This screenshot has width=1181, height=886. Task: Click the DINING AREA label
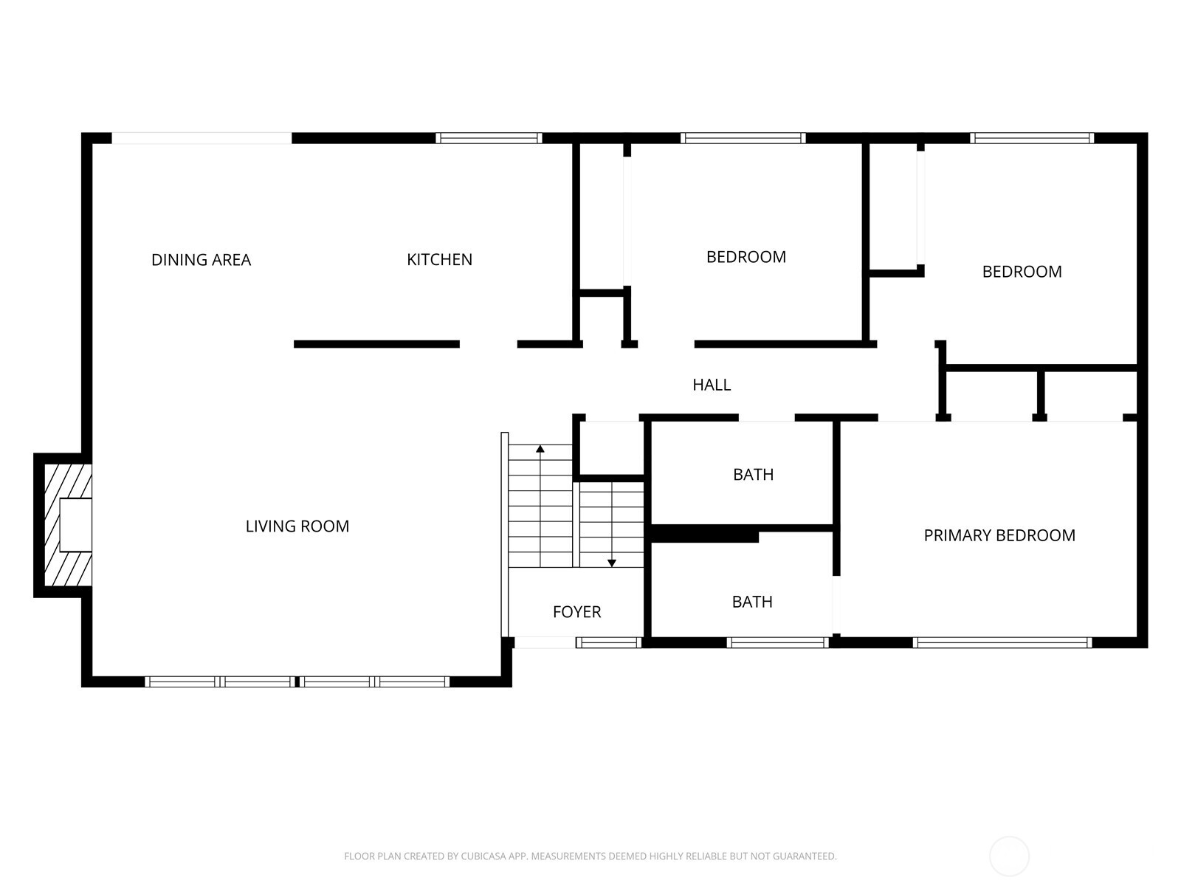pos(201,260)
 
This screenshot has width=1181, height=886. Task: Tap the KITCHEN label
pos(439,260)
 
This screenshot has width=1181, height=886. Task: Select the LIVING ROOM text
pos(297,526)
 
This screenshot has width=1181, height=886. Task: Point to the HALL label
pos(712,385)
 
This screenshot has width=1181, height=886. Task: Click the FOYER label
pos(576,612)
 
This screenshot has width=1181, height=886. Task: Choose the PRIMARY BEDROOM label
pos(999,535)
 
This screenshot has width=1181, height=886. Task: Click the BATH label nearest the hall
pos(753,475)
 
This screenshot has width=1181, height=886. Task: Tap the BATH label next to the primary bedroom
pos(752,602)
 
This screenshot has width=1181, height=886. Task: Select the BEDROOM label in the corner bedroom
pos(1022,272)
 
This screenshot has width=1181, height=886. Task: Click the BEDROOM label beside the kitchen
pos(746,257)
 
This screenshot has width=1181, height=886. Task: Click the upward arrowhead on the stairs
pos(540,449)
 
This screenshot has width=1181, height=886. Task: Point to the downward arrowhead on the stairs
pos(612,563)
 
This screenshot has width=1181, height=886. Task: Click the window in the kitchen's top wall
pos(489,138)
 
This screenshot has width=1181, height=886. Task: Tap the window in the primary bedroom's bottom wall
pos(1002,642)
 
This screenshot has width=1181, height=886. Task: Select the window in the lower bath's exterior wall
pos(777,642)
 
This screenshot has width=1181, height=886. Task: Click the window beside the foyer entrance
pos(608,642)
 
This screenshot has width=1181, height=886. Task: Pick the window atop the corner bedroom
pos(1031,138)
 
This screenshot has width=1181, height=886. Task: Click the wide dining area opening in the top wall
pos(202,138)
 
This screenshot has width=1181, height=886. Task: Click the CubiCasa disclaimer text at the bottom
pos(590,856)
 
